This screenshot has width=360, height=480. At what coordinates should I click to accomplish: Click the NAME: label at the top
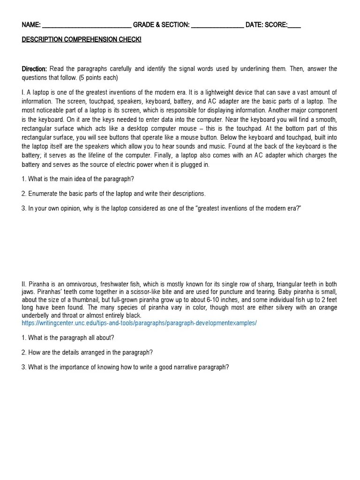pyautogui.click(x=31, y=25)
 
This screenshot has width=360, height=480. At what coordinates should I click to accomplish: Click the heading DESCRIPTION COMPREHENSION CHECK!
pyautogui.click(x=82, y=39)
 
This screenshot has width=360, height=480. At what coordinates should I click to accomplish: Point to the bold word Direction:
pyautogui.click(x=35, y=69)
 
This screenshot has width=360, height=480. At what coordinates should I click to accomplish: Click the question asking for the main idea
pyautogui.click(x=78, y=179)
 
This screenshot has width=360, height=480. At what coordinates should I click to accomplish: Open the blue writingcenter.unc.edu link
pyautogui.click(x=139, y=323)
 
